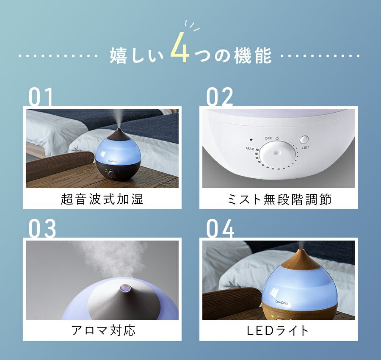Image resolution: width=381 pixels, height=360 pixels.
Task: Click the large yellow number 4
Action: point(180,47)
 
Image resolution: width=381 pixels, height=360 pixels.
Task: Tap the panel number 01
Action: point(41,97)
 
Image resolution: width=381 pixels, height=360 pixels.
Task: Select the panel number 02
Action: point(219,97)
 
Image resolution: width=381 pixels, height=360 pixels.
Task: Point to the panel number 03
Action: point(42,229)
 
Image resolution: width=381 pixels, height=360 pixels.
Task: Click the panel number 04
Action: point(220,229)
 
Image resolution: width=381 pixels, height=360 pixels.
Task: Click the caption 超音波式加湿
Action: point(102,199)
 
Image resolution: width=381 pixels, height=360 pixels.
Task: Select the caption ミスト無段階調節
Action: point(279,199)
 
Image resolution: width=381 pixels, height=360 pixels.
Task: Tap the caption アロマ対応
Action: point(103,331)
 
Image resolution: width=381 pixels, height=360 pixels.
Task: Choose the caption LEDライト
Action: point(277,331)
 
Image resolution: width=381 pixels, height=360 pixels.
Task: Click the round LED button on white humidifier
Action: point(304,140)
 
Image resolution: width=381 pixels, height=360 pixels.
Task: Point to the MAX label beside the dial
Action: point(250,149)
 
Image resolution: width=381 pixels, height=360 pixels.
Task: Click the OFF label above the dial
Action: point(268,138)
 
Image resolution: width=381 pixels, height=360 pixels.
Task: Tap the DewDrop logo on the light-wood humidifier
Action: point(282,302)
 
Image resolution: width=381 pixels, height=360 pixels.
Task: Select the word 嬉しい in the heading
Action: point(137,56)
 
